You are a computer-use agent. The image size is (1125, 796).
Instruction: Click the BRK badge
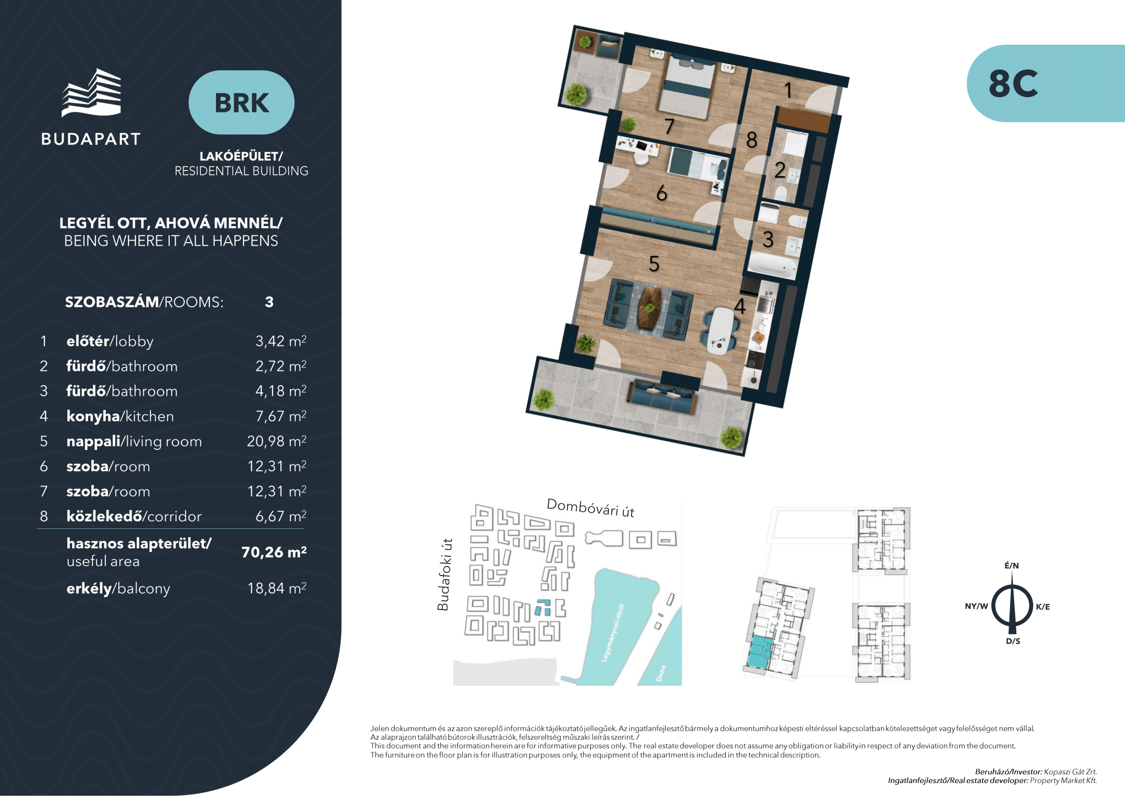241,103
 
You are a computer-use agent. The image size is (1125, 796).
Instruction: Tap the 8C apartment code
1013,83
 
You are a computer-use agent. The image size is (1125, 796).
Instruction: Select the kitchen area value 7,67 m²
281,416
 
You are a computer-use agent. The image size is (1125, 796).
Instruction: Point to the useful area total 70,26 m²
274,552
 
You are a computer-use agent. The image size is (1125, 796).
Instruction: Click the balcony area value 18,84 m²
277,588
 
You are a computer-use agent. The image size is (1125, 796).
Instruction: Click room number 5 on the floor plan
654,264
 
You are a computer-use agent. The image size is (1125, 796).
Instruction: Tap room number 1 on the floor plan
788,90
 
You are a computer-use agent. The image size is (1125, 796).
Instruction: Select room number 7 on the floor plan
670,127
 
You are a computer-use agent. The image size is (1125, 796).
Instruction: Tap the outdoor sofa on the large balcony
661,397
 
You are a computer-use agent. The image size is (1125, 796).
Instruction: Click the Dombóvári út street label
591,508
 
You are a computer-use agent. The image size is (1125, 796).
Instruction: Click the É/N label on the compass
1011,565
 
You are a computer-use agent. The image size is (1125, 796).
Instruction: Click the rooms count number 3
269,302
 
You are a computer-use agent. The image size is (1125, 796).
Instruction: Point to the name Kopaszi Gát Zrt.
1070,771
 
